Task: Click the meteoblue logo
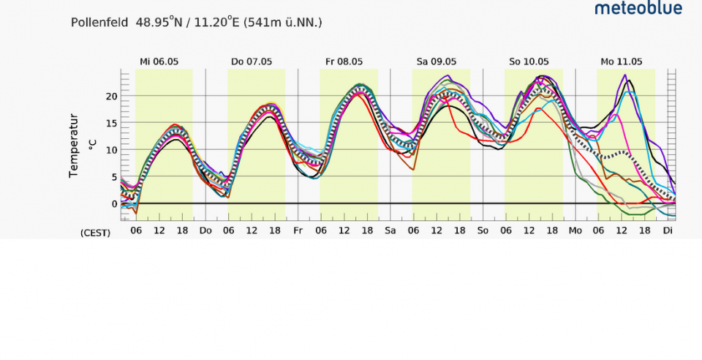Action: (x=638, y=8)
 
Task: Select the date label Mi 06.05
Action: (x=159, y=61)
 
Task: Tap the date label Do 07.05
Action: (x=252, y=61)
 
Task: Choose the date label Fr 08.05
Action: (x=344, y=61)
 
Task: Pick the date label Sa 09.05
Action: (x=437, y=61)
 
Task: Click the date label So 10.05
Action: (x=529, y=61)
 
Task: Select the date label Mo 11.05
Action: (x=622, y=61)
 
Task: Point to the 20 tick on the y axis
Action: (x=112, y=97)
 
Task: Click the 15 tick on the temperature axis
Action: (x=112, y=123)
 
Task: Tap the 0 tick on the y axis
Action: (x=115, y=204)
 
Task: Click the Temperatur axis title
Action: (x=74, y=146)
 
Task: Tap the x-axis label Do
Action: (x=205, y=230)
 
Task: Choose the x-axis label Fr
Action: (x=298, y=230)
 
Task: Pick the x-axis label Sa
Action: (x=390, y=230)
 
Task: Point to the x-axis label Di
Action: (x=668, y=230)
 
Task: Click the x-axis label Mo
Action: (x=575, y=230)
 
